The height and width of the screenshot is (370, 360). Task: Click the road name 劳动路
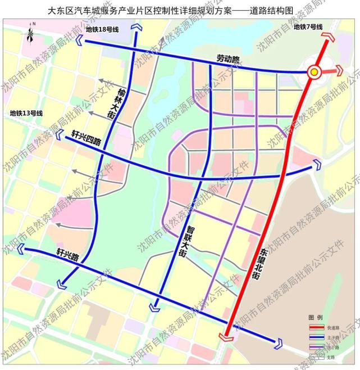(x=228, y=58)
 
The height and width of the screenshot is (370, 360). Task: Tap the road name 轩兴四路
(x=86, y=138)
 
